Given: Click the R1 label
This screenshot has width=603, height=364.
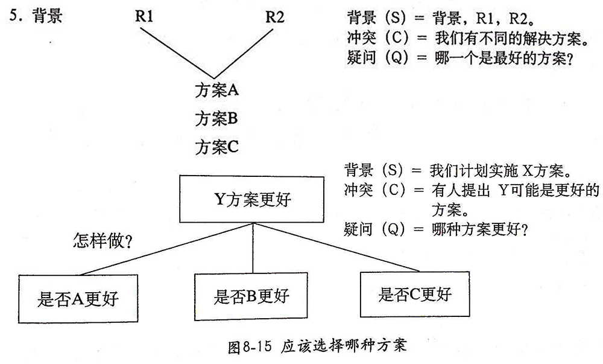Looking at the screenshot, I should [144, 16].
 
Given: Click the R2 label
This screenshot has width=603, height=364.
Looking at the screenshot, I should [275, 16].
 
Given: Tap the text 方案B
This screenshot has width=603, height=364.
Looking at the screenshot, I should [216, 118].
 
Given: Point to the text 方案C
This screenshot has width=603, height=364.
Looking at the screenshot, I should [217, 146].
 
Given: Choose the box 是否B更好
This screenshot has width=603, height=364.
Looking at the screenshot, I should [251, 296].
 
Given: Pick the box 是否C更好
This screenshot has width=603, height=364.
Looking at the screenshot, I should [414, 294].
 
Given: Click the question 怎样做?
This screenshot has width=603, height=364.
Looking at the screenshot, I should [103, 241].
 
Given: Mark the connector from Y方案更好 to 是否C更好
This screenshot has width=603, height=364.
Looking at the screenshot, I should [338, 247].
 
